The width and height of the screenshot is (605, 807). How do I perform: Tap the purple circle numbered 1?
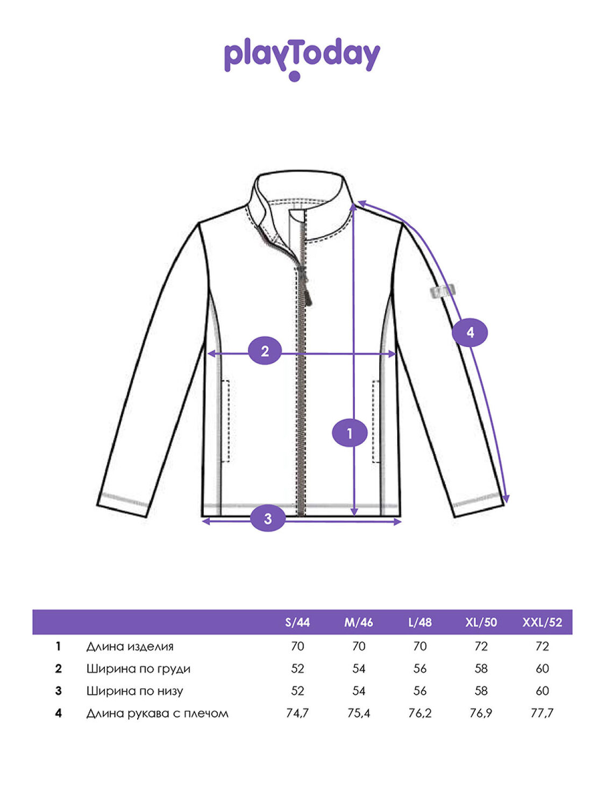(350, 433)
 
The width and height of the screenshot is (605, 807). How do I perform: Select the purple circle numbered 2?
(265, 351)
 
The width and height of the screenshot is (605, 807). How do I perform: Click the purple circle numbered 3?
(268, 519)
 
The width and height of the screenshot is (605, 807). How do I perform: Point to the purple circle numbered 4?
(470, 332)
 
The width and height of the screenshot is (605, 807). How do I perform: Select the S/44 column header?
(297, 622)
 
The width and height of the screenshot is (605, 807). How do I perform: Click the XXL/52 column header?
(542, 622)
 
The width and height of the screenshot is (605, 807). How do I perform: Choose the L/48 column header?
(420, 622)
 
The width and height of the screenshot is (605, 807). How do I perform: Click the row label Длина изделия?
(130, 646)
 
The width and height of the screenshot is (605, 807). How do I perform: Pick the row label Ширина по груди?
(139, 668)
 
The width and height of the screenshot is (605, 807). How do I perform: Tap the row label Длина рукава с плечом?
(157, 713)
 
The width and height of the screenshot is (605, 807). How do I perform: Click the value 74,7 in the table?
(297, 713)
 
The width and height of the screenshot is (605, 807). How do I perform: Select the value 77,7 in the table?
(542, 713)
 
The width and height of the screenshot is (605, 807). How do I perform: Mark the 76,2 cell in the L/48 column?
(420, 713)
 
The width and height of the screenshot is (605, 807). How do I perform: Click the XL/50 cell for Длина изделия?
(481, 646)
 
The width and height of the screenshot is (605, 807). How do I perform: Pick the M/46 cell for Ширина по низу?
(359, 691)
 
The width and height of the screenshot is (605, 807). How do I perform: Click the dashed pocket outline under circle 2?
(225, 421)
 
